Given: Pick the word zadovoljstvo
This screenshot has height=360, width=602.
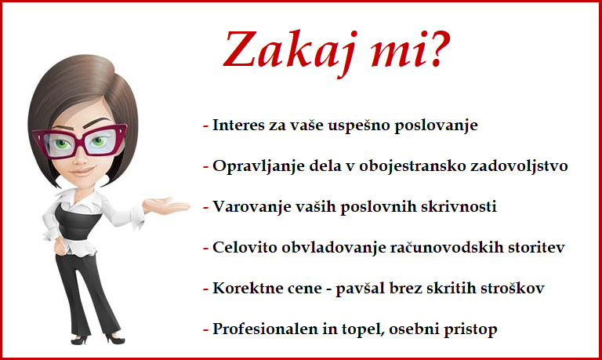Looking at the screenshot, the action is tap(519, 167).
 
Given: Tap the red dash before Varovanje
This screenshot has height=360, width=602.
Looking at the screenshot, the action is tap(206, 209).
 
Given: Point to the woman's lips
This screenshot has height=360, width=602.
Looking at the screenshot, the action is tap(82, 170).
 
